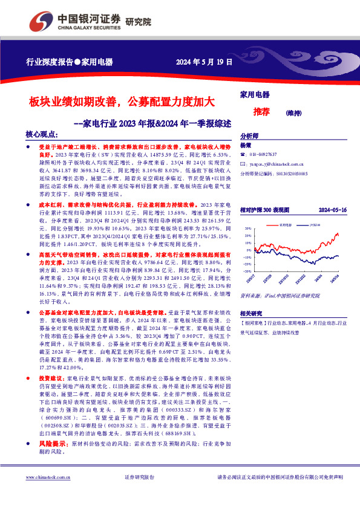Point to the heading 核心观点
point(42,135)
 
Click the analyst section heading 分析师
point(249,137)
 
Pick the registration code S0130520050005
point(291,173)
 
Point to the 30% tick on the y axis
point(247,229)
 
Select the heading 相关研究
point(250,314)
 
